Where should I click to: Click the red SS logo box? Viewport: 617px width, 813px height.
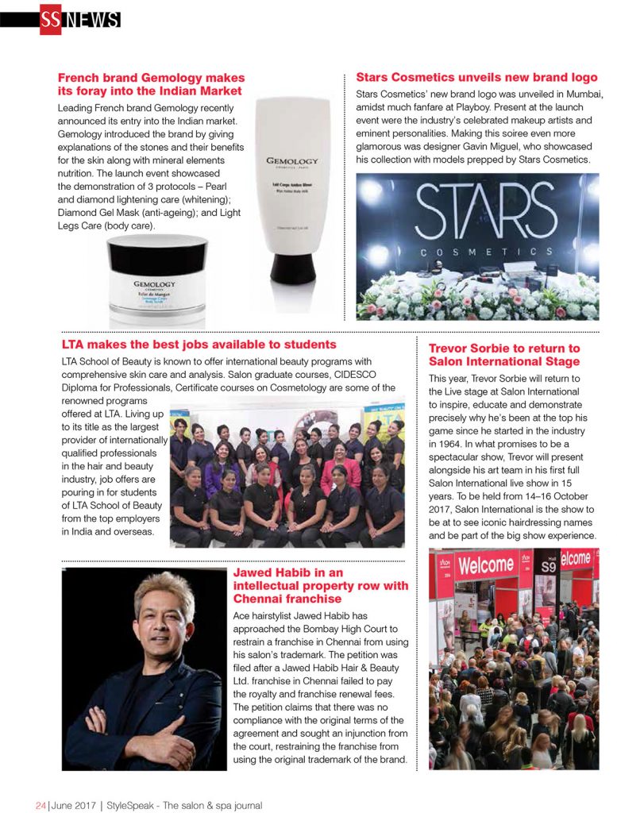pyautogui.click(x=50, y=19)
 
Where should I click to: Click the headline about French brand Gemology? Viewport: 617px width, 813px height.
pyautogui.click(x=151, y=84)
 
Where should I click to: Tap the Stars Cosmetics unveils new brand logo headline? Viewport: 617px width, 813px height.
pyautogui.click(x=476, y=77)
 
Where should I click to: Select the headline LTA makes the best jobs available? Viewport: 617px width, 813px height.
pyautogui.click(x=199, y=345)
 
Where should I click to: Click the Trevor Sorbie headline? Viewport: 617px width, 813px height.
pyautogui.click(x=504, y=355)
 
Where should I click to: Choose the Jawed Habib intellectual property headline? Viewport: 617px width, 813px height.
pyautogui.click(x=321, y=585)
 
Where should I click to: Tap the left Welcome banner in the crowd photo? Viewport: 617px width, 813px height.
pyautogui.click(x=485, y=565)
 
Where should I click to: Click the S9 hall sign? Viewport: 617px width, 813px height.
pyautogui.click(x=549, y=566)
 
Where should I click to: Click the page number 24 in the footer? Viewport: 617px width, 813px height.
pyautogui.click(x=40, y=804)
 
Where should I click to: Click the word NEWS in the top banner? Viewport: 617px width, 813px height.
pyautogui.click(x=92, y=20)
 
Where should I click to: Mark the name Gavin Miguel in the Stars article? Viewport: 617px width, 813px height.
pyautogui.click(x=472, y=147)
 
